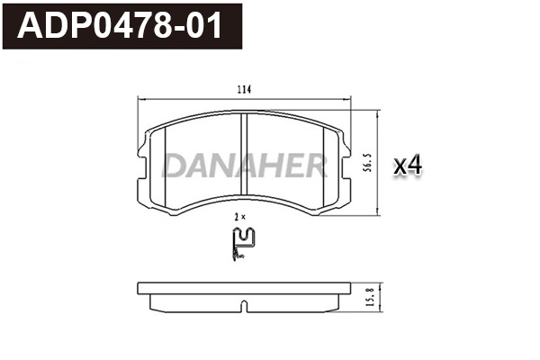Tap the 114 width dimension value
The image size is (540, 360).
coord(243,89)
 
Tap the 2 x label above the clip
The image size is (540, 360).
coord(239,217)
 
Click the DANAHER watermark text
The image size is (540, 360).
coord(244,166)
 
